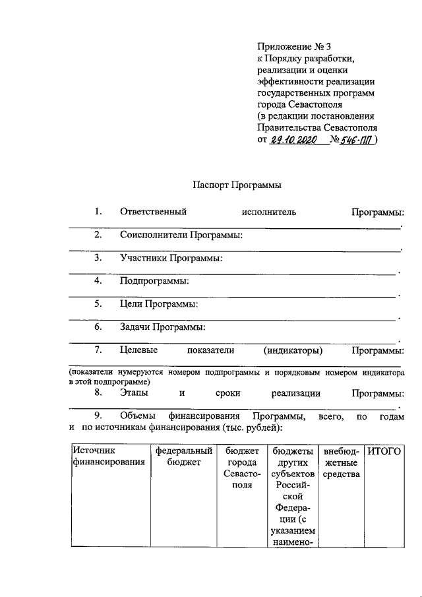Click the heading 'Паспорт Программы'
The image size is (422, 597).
(x=237, y=186)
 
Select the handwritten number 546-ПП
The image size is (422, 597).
(x=356, y=140)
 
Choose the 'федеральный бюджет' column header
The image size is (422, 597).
(x=183, y=456)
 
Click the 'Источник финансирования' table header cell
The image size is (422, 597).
(x=109, y=456)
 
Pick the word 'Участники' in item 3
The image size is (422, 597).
(x=141, y=258)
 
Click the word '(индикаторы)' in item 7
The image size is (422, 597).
(x=293, y=350)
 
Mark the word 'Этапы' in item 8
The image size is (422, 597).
(x=134, y=393)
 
